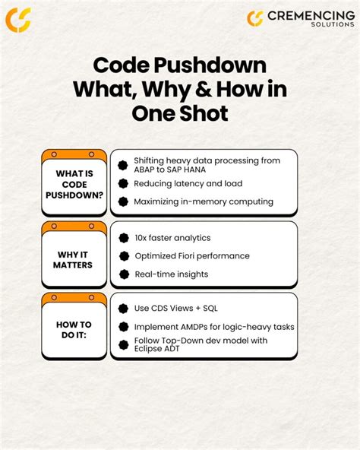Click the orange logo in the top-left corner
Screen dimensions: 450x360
(18, 19)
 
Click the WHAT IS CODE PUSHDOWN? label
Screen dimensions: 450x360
(74, 184)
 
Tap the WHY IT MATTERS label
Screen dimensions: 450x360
(74, 259)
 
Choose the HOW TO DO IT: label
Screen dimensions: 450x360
(74, 330)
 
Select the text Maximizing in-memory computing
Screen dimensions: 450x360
(204, 201)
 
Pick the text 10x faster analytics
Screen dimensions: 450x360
(174, 238)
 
